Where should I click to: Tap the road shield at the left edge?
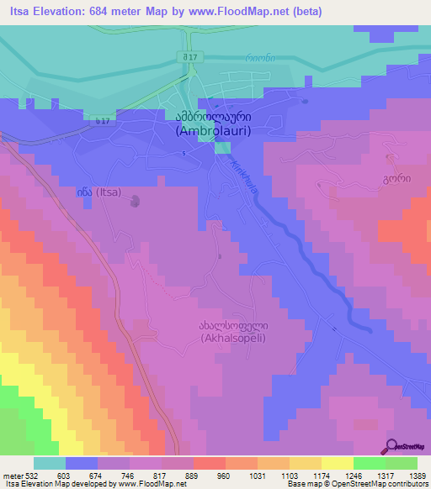coord(101,122)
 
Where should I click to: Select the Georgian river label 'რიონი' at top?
coord(258,58)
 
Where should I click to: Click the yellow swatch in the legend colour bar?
coord(337,463)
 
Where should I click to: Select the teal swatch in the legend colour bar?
coord(50,463)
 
